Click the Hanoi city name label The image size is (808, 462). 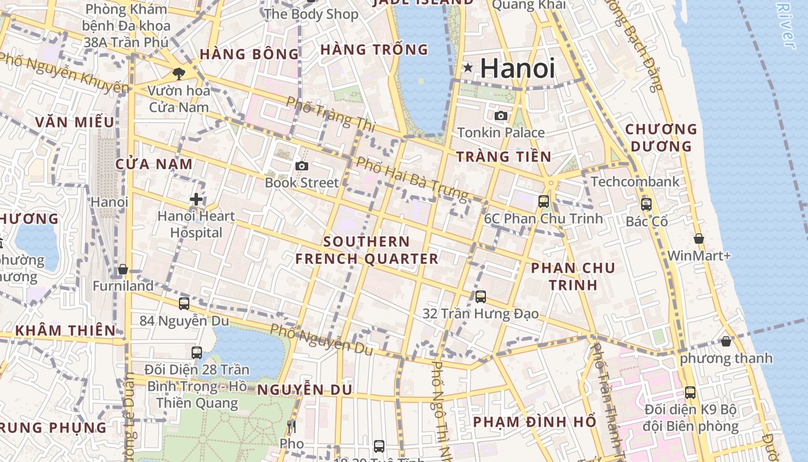pos(517,68)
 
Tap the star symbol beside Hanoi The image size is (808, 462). pos(468,68)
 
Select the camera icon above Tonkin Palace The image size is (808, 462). pos(501,116)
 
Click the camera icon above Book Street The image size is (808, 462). pos(301,166)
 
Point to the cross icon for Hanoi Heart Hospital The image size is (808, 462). pos(196,199)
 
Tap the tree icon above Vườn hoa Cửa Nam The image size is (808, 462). pos(179,73)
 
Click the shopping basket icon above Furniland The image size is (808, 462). pos(123,270)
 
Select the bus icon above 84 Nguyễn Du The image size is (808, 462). pos(184,304)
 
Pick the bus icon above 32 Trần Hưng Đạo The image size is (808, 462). pos(481,297)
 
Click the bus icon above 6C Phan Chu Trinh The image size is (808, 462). pos(544,202)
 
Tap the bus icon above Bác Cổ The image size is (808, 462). pos(646,204)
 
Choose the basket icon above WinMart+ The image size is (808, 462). pos(699,239)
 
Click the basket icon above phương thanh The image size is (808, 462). pos(726,341)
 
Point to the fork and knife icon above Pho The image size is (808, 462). pos(291,427)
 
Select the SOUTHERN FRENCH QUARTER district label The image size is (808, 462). pos(367,250)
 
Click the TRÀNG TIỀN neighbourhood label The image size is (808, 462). pos(503,157)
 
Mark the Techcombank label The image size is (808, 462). pos(635,182)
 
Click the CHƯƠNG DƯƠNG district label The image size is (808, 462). pos(661,137)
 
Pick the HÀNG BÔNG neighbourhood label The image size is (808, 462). pos(249,54)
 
